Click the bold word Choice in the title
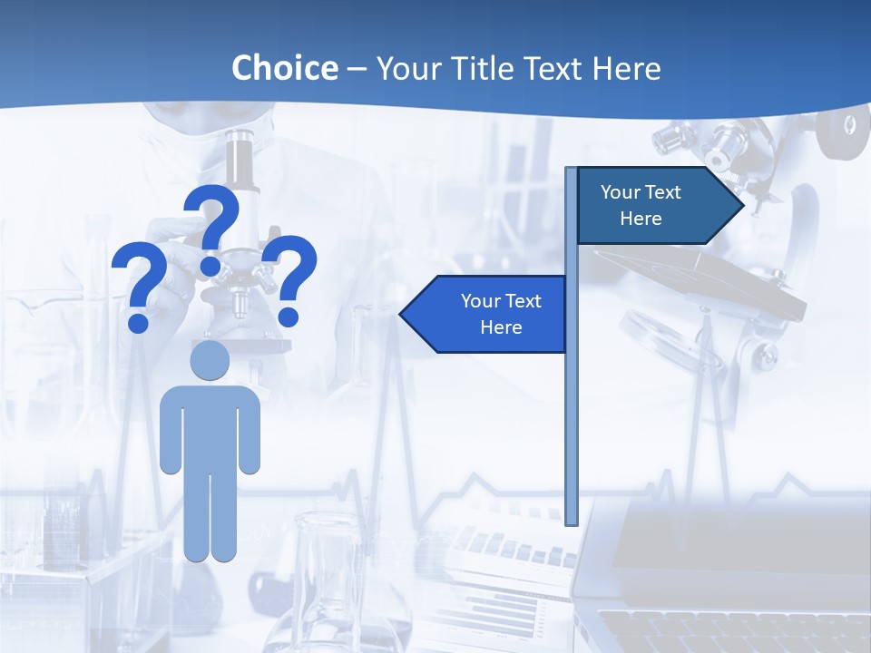[284, 68]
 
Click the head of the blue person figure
[210, 361]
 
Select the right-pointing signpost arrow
[653, 206]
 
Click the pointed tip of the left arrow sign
[403, 315]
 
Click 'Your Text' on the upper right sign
[641, 192]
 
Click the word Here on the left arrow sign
[501, 327]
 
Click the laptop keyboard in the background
[726, 630]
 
